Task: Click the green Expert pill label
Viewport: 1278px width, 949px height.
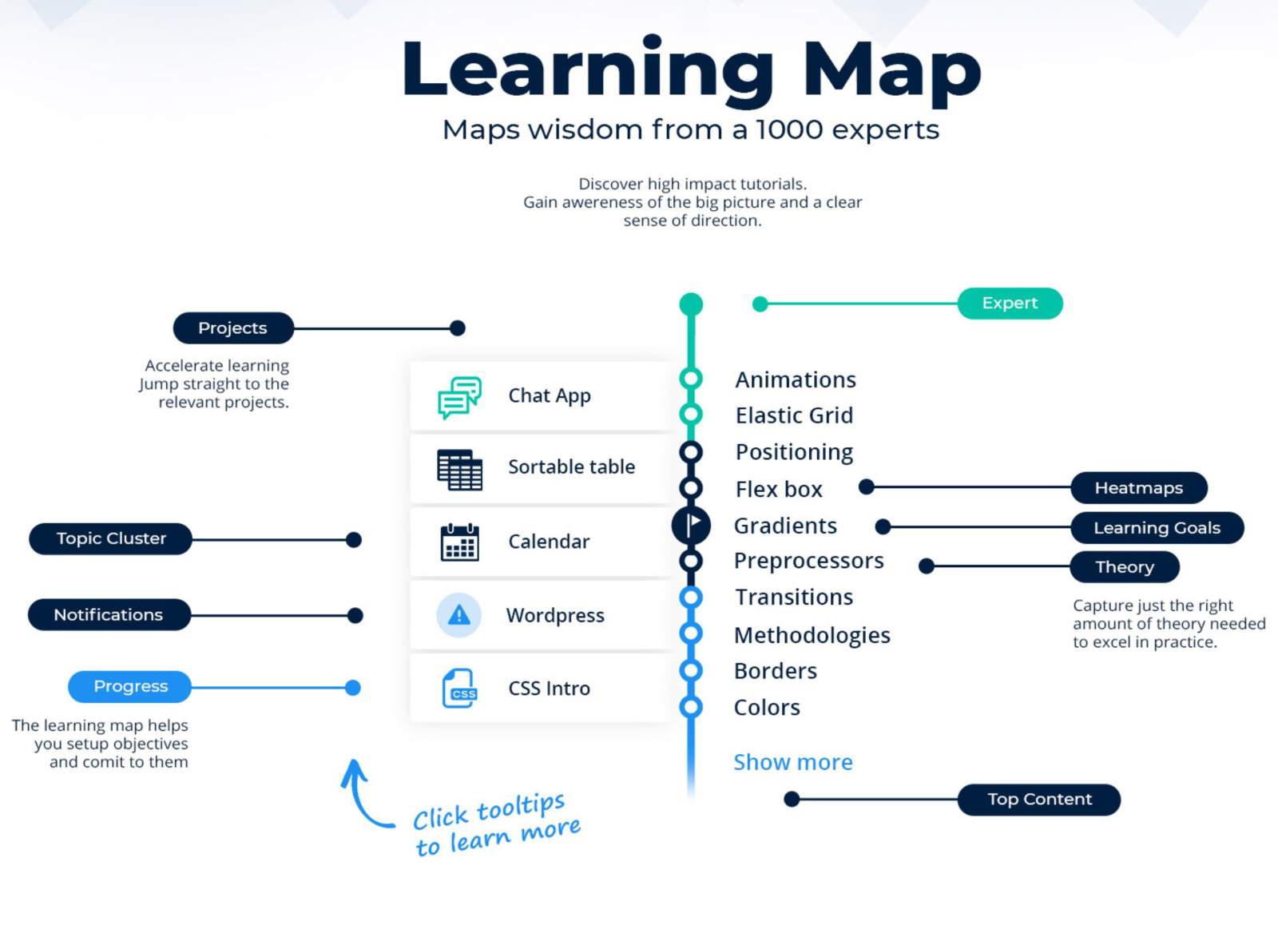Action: [1010, 304]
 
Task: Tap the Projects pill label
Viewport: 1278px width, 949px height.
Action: [232, 328]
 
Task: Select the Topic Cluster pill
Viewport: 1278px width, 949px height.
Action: [111, 539]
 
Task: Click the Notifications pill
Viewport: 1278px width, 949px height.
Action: [109, 615]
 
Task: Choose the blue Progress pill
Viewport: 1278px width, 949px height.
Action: [130, 687]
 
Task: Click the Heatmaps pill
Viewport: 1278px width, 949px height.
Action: [1138, 488]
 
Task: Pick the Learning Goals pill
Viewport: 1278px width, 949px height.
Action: [1157, 528]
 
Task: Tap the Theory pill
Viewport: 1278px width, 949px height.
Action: [1124, 567]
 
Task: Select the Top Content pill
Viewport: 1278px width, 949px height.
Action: [1038, 800]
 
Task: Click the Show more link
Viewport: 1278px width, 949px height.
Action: [792, 762]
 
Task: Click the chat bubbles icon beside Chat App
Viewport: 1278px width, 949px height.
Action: [459, 397]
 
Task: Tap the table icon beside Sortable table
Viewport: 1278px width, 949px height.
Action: [459, 469]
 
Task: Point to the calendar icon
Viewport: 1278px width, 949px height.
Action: [459, 542]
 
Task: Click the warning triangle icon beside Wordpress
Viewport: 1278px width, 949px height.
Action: [458, 615]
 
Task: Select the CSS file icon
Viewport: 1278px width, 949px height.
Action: [459, 689]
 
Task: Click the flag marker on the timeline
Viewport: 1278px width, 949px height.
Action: [692, 525]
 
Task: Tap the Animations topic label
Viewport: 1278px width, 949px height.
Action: [796, 379]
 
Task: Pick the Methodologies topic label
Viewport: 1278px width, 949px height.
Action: [812, 635]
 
